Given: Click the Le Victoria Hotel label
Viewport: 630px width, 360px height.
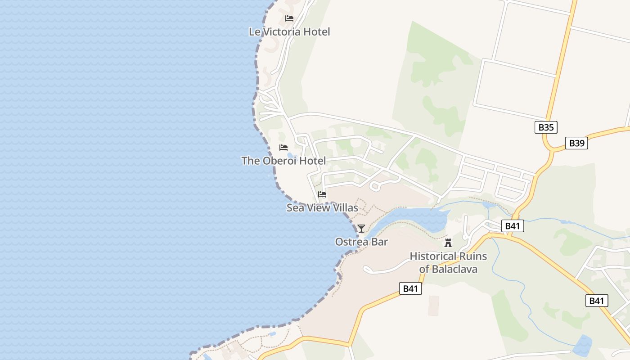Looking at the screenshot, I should (x=289, y=31).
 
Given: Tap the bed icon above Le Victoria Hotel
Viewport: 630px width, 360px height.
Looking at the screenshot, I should (x=289, y=18).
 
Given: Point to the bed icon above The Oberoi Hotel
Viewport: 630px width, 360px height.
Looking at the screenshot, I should (x=283, y=148).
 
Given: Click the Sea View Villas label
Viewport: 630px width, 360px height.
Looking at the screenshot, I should (x=322, y=207).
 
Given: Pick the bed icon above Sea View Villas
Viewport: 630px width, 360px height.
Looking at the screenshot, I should (x=322, y=194).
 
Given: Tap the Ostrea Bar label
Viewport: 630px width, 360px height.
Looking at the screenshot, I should (x=361, y=242).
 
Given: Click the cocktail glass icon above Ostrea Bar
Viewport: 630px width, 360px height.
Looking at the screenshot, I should (x=361, y=229).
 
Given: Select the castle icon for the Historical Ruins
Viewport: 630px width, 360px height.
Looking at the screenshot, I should (x=448, y=243).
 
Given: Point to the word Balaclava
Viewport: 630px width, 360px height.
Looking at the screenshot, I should (x=454, y=269).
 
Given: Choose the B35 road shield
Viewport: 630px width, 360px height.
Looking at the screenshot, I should (x=546, y=127).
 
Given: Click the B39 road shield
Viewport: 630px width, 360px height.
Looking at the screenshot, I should (x=576, y=143).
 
